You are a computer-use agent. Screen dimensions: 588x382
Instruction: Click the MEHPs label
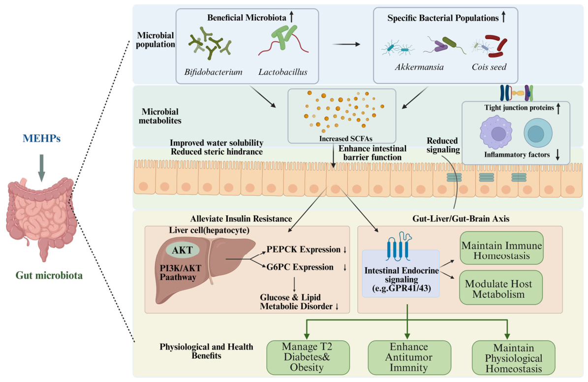click(x=42, y=138)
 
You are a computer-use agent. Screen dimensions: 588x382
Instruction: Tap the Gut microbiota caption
click(x=49, y=276)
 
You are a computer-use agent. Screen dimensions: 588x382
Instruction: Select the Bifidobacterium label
click(x=213, y=72)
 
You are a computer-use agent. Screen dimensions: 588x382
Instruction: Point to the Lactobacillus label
click(x=283, y=72)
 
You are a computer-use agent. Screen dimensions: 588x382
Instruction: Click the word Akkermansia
click(x=419, y=67)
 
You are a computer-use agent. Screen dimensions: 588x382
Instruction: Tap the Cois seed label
click(x=489, y=67)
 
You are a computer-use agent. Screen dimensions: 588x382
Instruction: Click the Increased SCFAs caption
click(x=346, y=138)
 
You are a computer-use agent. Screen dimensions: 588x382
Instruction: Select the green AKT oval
click(x=183, y=250)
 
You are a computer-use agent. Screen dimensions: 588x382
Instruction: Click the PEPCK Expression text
click(x=304, y=250)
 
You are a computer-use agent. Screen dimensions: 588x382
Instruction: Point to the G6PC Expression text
click(x=300, y=267)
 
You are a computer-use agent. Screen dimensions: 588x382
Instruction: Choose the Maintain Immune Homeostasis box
click(x=501, y=248)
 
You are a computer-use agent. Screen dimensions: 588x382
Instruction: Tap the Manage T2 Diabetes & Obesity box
click(x=308, y=357)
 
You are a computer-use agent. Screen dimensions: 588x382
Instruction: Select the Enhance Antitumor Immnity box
click(x=409, y=357)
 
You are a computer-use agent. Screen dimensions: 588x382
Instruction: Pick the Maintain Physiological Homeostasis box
click(x=513, y=357)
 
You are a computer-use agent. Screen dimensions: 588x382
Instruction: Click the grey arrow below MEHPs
click(x=42, y=168)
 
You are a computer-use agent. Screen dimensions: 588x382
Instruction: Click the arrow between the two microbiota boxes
click(x=346, y=44)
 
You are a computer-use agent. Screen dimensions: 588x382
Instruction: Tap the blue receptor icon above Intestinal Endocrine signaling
click(x=398, y=247)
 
